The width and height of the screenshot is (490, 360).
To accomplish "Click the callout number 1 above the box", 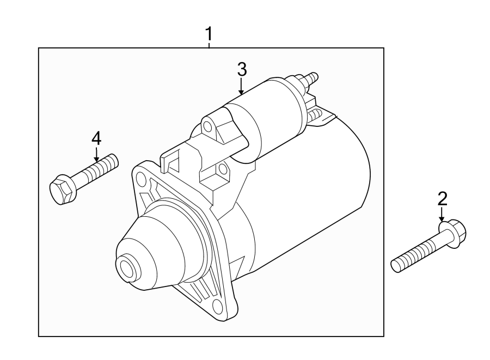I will tap(209, 34).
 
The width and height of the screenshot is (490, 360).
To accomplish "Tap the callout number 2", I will tap(442, 198).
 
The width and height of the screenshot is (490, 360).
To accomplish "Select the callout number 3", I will tap(242, 69).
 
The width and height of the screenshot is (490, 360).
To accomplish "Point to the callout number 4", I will tap(96, 138).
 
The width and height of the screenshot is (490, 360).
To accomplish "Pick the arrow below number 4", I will tap(96, 155).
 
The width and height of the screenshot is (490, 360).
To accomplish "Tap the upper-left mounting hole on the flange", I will tap(141, 177).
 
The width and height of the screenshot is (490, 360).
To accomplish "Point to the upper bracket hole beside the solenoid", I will tap(207, 126).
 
